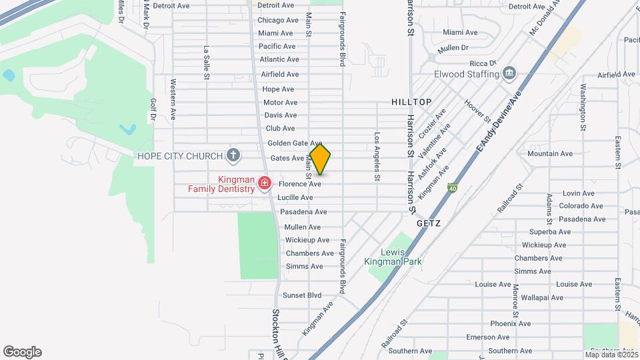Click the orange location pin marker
pos(320,159)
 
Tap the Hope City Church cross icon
pos(233,156)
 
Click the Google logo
pos(22,352)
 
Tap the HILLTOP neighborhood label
pos(411,102)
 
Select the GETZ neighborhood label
pos(429,225)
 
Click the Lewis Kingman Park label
pos(401,257)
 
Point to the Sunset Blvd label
pos(302,295)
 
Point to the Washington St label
pos(583,107)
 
